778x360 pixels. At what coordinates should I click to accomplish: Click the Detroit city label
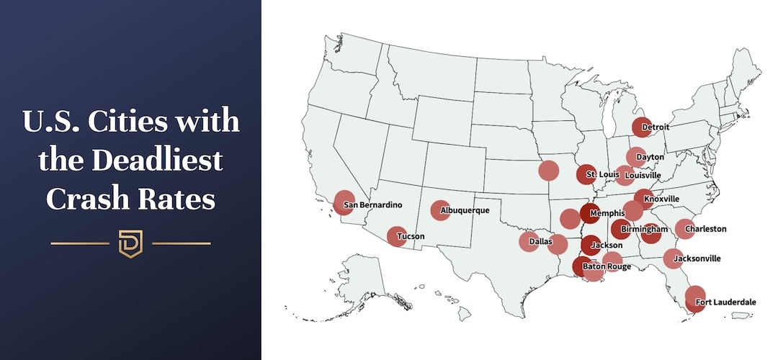tap(655, 127)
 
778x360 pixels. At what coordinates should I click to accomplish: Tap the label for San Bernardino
tap(372, 204)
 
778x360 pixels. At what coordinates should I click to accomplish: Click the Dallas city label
tap(540, 242)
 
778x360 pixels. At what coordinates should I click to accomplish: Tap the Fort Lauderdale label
tap(725, 302)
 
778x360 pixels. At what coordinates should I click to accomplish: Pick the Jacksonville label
tap(697, 258)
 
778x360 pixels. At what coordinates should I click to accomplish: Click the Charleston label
tap(705, 229)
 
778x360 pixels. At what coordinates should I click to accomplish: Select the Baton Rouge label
tap(607, 266)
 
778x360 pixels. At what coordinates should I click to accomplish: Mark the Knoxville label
tap(661, 199)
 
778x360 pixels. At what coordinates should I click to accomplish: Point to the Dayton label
tap(650, 156)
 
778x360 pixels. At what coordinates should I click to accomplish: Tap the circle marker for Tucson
tap(396, 236)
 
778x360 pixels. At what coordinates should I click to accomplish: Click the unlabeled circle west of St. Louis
tap(549, 170)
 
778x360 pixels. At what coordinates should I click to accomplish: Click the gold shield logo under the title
tap(130, 243)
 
